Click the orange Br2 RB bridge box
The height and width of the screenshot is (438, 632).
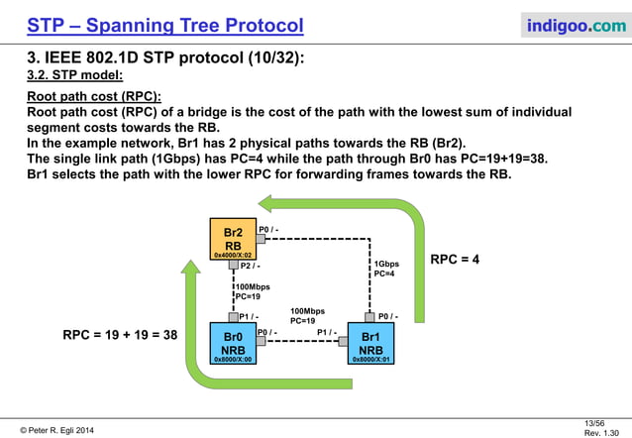tap(233, 239)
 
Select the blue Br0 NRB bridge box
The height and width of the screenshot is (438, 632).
tap(233, 343)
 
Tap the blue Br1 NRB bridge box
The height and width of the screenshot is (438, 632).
tap(371, 343)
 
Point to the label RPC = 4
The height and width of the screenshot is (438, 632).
tap(455, 260)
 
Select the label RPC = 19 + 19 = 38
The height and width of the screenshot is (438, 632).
tap(119, 335)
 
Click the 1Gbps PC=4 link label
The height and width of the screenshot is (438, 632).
tap(385, 269)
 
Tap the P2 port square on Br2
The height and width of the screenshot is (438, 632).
tap(233, 265)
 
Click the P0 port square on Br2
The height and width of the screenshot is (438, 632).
tap(261, 238)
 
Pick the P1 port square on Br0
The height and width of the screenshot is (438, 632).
tap(233, 317)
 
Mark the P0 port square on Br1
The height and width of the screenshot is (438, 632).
tap(370, 317)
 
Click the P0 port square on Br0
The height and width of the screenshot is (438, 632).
tap(261, 340)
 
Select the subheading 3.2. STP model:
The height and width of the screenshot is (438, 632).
tap(74, 74)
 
